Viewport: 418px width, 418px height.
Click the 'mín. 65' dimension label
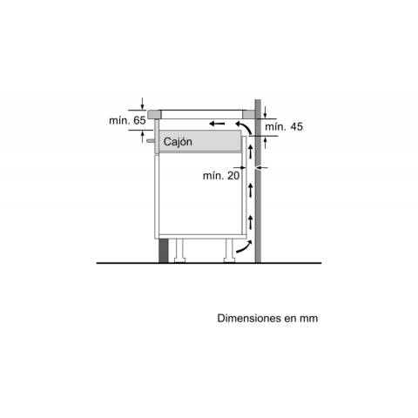click(127, 120)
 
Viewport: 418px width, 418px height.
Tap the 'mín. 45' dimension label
click(284, 127)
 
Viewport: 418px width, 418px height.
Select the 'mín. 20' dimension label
click(221, 176)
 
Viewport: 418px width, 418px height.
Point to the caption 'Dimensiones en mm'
click(267, 318)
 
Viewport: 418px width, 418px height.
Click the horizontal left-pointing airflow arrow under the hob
click(217, 124)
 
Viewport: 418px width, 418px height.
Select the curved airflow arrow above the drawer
click(244, 128)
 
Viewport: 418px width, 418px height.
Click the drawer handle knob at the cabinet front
click(151, 140)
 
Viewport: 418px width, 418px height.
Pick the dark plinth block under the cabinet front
click(164, 251)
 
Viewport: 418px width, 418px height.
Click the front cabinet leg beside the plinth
click(179, 251)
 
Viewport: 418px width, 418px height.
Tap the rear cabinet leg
click(229, 251)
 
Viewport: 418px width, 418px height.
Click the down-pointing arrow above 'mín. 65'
click(142, 104)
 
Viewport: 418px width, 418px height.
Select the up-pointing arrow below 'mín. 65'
click(142, 137)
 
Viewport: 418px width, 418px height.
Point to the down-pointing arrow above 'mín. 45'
click(266, 112)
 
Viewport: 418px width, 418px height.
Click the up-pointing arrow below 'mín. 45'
click(266, 143)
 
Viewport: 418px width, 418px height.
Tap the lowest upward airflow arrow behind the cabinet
click(250, 222)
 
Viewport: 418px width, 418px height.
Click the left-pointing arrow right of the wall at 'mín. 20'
click(261, 167)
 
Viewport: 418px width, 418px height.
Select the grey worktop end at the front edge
click(154, 114)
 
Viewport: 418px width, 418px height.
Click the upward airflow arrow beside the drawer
click(250, 152)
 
